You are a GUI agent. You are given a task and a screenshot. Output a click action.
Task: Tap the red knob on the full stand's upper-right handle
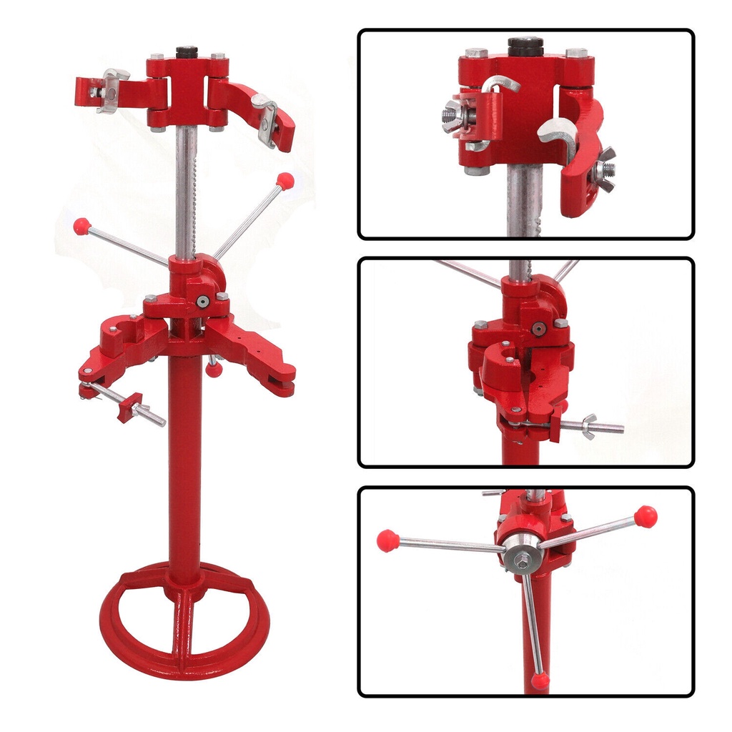pyautogui.click(x=285, y=180)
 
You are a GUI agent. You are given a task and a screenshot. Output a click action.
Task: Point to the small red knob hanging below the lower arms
pyautogui.click(x=213, y=369)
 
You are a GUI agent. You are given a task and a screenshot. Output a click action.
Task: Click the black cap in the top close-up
pyautogui.click(x=524, y=45)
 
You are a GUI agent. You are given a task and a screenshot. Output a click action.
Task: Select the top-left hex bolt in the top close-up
pyautogui.click(x=475, y=54)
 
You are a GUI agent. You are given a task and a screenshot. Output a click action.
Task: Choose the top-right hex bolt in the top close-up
pyautogui.click(x=576, y=54)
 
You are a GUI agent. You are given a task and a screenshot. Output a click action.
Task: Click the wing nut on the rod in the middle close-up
pyautogui.click(x=590, y=426)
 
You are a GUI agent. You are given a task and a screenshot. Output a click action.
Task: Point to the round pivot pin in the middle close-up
pyautogui.click(x=538, y=328)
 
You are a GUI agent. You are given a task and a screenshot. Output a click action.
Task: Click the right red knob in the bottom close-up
pyautogui.click(x=646, y=515)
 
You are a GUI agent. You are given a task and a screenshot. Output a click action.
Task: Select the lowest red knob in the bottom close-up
pyautogui.click(x=540, y=681)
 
